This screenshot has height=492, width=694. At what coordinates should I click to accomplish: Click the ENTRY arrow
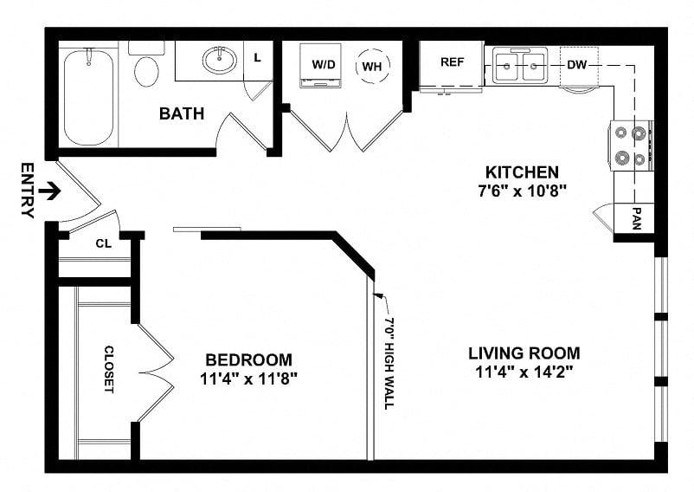pos(49,191)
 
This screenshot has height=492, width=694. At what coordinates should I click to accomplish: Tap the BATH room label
pos(182,113)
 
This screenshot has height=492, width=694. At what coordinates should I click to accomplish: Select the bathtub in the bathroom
pos(88,97)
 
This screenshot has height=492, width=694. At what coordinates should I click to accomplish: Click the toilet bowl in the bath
pos(146,72)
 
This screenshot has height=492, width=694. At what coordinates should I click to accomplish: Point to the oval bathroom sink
pos(220,60)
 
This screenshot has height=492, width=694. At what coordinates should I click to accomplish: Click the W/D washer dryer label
pos(324,65)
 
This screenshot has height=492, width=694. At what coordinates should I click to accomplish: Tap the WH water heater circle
pos(373,66)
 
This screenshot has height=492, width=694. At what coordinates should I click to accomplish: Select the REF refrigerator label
pos(452,62)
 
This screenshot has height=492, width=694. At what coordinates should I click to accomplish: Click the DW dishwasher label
pos(577,65)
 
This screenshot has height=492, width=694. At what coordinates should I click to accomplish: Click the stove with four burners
pos(631,146)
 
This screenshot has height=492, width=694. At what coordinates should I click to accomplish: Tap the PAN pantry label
pos(637,218)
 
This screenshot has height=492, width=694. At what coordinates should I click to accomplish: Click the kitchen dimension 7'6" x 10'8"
pos(523,191)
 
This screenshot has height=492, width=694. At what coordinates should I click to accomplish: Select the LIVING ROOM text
pos(524,353)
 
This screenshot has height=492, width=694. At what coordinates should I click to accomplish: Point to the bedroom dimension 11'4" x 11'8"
pos(248,379)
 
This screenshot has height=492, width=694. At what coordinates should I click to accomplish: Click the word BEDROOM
pos(248,359)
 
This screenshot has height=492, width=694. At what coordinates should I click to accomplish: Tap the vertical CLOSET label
pos(109,369)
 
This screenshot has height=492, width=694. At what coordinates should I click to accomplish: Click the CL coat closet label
pos(104,243)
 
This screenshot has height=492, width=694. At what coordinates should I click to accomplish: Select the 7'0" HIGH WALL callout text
pos(389,363)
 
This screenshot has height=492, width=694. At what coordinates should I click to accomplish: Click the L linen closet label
pos(258,57)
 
